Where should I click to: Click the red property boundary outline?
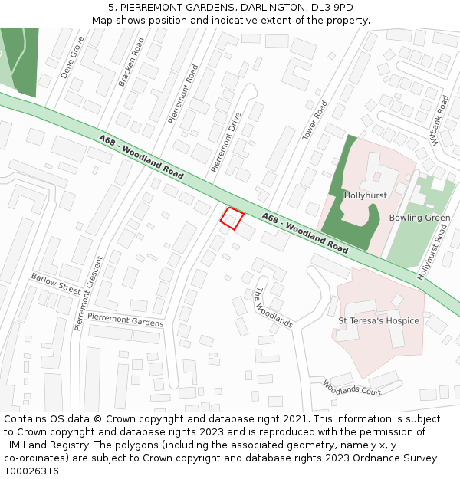(x=232, y=218)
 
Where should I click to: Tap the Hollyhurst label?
(x=365, y=195)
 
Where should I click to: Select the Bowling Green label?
(x=419, y=218)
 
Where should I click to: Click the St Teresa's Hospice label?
(x=379, y=320)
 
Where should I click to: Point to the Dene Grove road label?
(x=72, y=57)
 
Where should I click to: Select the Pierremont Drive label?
(x=226, y=141)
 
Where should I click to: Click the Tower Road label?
(x=314, y=120)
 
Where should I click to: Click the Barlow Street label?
(x=56, y=283)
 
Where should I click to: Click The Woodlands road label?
(x=273, y=308)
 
